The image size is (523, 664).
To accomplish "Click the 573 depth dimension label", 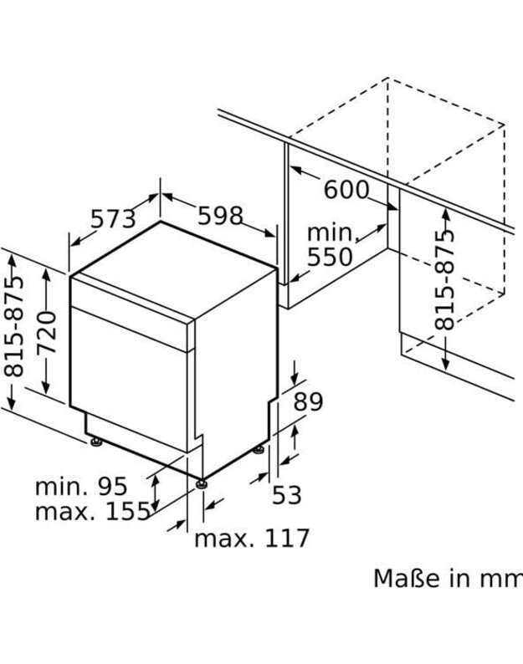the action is click(x=114, y=219).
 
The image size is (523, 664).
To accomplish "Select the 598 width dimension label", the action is click(x=220, y=216).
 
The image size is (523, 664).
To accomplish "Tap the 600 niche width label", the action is click(x=346, y=190).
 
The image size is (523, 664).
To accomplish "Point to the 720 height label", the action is click(x=47, y=332).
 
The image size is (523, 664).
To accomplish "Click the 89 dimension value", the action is click(x=308, y=401).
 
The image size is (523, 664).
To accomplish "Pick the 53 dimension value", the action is click(x=286, y=494).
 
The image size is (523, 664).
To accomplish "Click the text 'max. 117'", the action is click(x=252, y=539).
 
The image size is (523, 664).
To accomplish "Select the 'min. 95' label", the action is click(x=81, y=487).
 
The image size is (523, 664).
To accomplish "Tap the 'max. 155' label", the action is click(x=92, y=511).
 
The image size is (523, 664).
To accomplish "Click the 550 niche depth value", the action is click(x=330, y=257).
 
